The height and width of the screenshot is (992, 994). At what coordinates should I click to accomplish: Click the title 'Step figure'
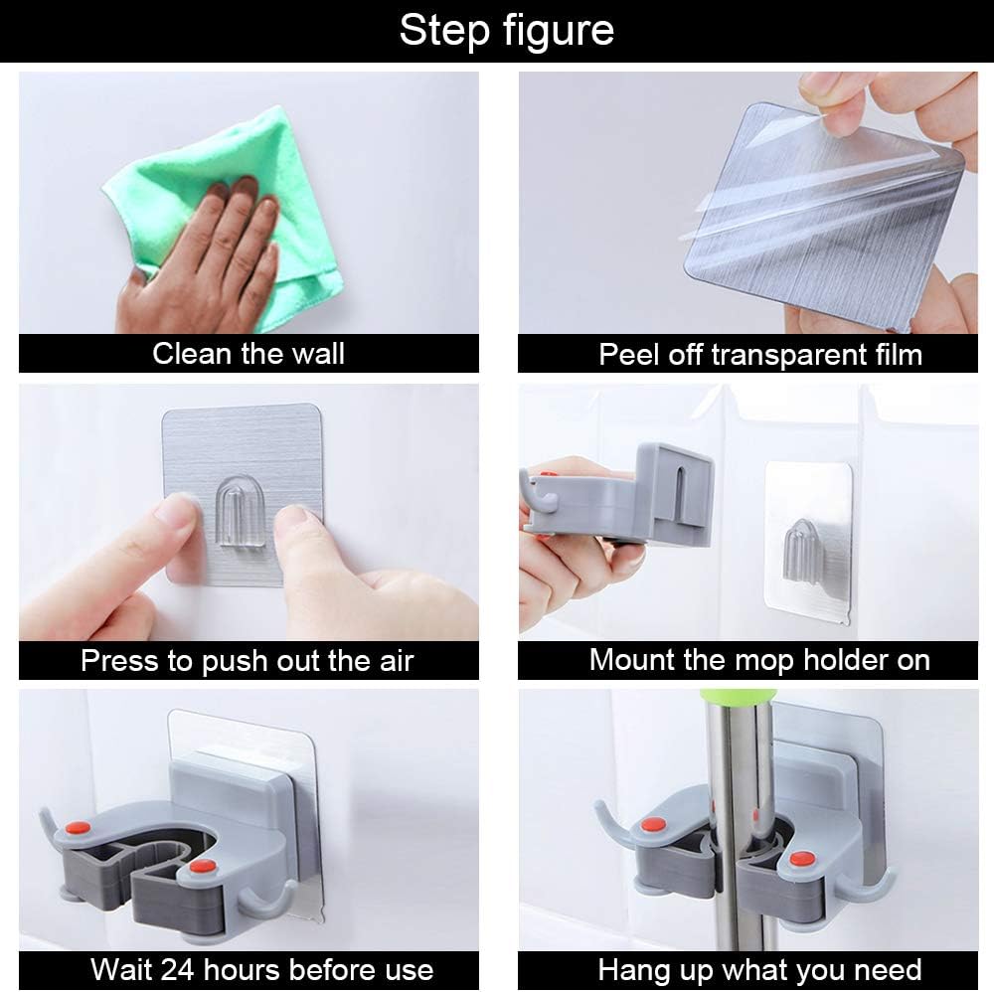tap(507, 30)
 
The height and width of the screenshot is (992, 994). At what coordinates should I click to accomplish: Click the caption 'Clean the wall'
tap(248, 354)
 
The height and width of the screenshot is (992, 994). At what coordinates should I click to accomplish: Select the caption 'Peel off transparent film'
tap(760, 354)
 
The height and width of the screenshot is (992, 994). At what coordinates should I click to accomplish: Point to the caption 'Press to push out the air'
tap(248, 660)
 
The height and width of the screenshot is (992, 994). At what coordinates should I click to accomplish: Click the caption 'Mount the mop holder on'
tap(759, 660)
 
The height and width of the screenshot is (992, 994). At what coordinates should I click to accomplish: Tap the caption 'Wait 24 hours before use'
tap(261, 970)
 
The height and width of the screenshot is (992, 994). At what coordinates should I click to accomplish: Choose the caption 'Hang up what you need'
tap(759, 970)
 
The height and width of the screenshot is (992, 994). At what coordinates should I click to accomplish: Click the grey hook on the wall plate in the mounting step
tap(800, 552)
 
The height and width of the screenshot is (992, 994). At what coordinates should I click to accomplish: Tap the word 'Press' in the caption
tap(120, 660)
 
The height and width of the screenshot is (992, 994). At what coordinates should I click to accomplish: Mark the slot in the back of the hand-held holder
tap(679, 488)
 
